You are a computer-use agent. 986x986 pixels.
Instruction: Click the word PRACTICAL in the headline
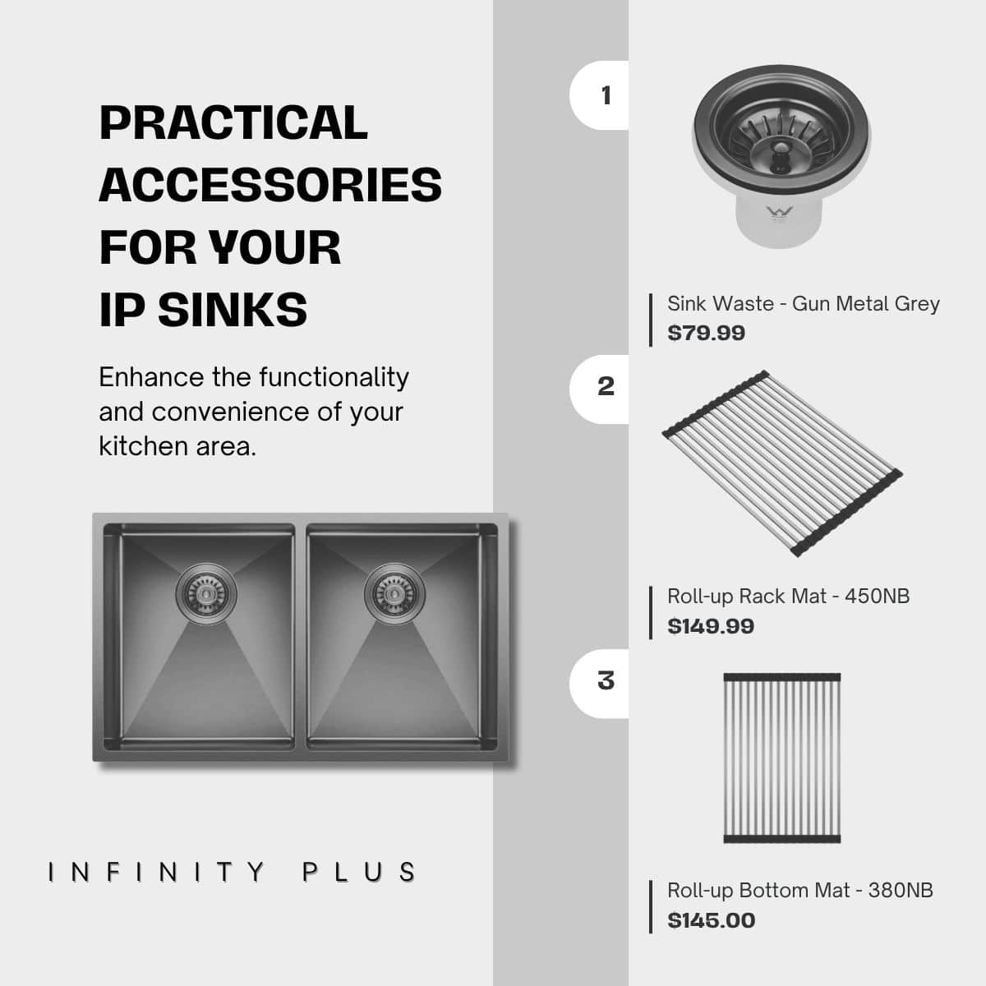(233, 122)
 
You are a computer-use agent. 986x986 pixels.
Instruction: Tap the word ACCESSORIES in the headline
(270, 185)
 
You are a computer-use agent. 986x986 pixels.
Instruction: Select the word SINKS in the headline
(233, 310)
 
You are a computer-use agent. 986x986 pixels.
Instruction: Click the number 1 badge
(600, 95)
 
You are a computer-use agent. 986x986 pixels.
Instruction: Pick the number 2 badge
(600, 389)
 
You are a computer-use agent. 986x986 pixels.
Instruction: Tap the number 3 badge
(600, 684)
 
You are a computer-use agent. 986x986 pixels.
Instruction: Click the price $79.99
(706, 333)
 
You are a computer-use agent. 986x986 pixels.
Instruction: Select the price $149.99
(711, 626)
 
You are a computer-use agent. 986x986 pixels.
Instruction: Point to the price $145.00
(712, 920)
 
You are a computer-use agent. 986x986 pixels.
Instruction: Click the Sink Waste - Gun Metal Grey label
(804, 303)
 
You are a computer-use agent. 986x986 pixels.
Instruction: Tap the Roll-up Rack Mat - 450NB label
(789, 597)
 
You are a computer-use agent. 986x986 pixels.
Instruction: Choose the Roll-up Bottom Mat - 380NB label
(800, 891)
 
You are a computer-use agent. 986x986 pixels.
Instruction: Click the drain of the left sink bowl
(206, 593)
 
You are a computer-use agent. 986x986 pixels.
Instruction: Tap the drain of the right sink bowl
(394, 593)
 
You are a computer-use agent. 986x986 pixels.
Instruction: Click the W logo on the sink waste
(779, 211)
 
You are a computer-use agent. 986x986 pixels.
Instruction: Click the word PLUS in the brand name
(359, 873)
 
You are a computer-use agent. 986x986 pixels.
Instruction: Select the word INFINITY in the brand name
(157, 873)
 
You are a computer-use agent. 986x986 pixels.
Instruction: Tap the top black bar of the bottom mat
(782, 677)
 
